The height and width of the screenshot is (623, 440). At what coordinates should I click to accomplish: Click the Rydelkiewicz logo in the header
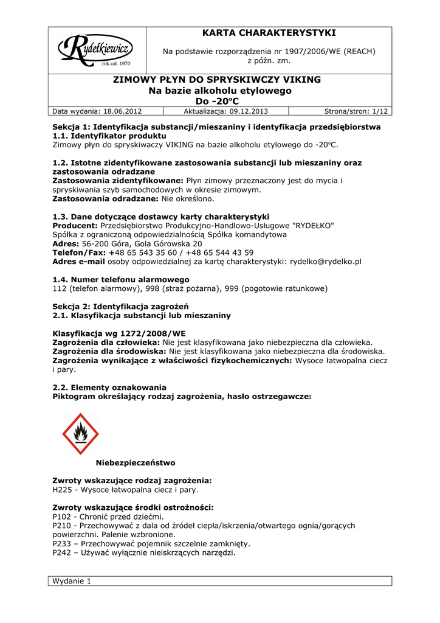point(95,48)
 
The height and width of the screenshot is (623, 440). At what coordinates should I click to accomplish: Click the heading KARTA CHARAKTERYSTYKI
point(269,33)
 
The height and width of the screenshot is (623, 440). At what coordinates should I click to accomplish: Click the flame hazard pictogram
point(80,434)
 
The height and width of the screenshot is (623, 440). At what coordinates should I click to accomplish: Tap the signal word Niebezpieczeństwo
point(135,462)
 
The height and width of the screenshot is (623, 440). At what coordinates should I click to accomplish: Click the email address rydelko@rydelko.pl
point(326,261)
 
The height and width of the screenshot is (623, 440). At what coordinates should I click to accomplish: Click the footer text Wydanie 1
point(72,581)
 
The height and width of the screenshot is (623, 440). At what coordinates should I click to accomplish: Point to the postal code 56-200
point(95,243)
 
